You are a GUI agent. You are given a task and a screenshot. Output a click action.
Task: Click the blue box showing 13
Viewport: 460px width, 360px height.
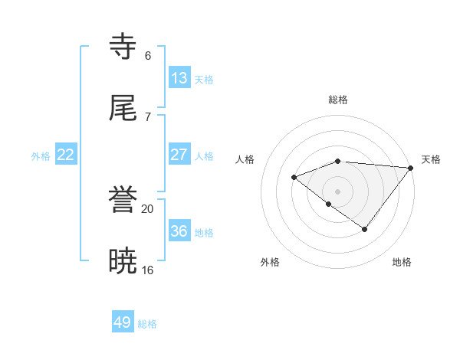179,78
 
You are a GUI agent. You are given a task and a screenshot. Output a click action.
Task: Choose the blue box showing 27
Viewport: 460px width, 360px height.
179,155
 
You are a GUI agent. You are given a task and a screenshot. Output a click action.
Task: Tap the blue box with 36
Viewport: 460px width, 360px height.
179,231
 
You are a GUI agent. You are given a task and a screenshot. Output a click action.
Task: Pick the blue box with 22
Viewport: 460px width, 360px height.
66,155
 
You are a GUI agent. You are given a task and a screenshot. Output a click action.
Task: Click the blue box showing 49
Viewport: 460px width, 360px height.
123,322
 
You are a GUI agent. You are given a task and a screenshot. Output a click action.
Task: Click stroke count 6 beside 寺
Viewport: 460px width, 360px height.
148,55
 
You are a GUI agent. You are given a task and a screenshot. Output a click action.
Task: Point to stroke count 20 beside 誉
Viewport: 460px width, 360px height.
148,209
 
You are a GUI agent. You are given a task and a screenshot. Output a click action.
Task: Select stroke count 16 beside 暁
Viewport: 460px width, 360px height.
148,270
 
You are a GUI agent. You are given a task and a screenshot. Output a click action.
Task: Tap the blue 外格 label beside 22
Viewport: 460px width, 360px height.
41,155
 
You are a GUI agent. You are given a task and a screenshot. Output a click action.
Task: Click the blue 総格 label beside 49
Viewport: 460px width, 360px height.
147,324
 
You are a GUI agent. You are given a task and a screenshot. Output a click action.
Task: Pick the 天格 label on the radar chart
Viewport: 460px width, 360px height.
431,159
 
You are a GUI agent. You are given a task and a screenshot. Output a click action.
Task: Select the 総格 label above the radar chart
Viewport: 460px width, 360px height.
338,100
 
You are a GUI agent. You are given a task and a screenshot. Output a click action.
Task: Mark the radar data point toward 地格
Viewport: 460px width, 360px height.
365,229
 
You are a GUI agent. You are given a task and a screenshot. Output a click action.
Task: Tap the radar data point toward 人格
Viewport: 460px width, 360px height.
294,177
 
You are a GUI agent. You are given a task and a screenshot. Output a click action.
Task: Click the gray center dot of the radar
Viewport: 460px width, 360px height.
338,191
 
